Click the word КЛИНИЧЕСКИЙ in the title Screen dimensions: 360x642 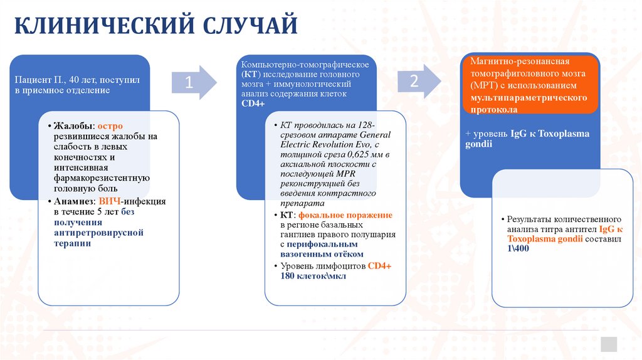[103, 26]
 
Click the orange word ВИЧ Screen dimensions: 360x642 [110, 201]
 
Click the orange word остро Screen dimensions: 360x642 [110, 125]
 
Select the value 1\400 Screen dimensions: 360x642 [518, 249]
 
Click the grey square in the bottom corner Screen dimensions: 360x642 [608, 344]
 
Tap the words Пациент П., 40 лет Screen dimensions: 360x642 [55, 80]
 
